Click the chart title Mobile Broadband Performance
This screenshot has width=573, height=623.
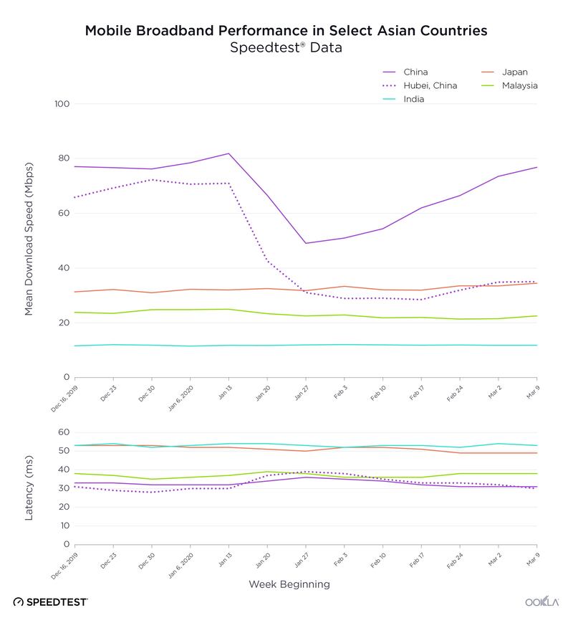(286, 31)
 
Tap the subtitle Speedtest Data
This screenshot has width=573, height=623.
(286, 49)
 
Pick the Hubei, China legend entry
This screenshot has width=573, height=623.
(429, 85)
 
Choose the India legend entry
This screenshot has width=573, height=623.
(413, 99)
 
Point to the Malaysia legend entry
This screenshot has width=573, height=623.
(519, 85)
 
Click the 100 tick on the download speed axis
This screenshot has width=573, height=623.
(62, 104)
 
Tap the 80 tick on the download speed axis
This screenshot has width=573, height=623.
(64, 158)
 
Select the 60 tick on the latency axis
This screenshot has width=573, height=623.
(64, 432)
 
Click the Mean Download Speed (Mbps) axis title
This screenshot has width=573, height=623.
(29, 241)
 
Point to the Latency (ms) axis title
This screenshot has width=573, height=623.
(29, 488)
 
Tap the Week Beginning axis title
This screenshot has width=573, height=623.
(289, 584)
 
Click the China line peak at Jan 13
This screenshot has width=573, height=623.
(228, 153)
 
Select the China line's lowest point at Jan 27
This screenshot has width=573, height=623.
(306, 243)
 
